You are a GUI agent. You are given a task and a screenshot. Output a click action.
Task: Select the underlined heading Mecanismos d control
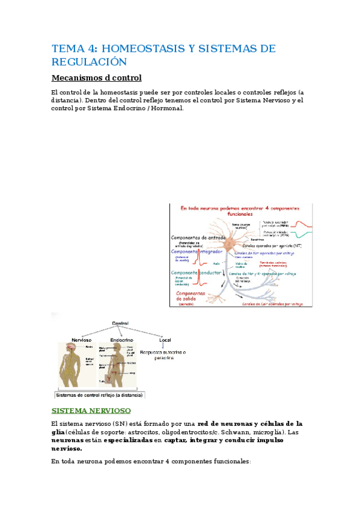[97, 78]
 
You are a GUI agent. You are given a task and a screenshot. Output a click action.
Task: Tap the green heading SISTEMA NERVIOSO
[91, 410]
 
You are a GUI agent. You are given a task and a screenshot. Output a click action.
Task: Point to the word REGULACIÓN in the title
[90, 62]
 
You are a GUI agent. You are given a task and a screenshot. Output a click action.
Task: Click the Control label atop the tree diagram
[120, 324]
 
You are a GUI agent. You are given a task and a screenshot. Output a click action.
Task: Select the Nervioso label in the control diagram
[81, 340]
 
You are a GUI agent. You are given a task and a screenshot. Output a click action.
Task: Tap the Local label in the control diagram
[165, 340]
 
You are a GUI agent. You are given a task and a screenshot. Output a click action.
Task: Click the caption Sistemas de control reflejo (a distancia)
[99, 395]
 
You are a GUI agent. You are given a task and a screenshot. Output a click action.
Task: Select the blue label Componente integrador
[197, 251]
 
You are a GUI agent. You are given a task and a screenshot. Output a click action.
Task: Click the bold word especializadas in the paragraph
[127, 440]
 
